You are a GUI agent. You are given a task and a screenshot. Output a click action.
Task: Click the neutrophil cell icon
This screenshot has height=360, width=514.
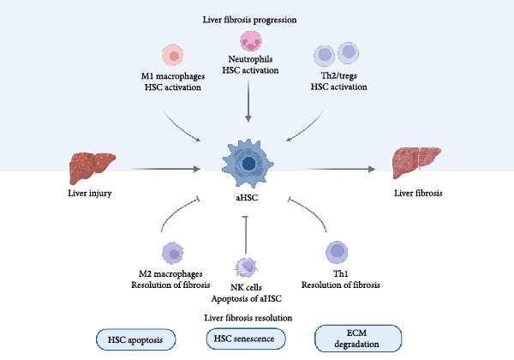251,41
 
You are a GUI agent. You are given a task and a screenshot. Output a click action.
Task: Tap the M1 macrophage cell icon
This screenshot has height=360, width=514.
173,55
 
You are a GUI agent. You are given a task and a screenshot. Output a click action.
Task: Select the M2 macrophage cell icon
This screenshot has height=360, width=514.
173,253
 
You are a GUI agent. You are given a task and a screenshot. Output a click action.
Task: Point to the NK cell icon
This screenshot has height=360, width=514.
246,268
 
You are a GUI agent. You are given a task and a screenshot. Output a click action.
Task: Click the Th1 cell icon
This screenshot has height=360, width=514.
337,252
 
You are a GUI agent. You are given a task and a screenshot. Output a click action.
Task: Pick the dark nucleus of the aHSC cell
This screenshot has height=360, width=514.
248,163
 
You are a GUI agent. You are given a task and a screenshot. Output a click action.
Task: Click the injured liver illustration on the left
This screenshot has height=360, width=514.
93,167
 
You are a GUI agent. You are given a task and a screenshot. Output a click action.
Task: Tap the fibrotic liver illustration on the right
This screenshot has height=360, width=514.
416,163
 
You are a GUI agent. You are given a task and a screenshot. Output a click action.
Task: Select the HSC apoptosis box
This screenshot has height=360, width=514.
135,339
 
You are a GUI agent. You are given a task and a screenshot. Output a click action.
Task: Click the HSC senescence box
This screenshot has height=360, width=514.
246,339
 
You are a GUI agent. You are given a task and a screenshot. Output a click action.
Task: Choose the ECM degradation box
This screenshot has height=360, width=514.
358,339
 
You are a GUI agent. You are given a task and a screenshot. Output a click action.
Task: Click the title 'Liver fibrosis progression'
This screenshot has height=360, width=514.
249,20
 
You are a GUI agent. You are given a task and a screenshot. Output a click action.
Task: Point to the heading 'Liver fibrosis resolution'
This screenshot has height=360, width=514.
248,318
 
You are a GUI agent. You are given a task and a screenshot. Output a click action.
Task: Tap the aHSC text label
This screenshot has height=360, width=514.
247,198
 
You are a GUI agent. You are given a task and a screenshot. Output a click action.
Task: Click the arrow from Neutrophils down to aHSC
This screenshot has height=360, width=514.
248,100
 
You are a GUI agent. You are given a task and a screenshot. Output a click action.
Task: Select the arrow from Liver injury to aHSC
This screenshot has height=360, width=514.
165,169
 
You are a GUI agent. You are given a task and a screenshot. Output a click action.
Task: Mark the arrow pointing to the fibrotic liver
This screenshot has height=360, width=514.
340,169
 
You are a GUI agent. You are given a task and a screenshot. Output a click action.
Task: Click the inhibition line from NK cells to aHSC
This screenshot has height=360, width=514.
246,235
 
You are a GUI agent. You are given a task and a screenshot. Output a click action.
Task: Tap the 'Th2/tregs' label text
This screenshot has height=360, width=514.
339,75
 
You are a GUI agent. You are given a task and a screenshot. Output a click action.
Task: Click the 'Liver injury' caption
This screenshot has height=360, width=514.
90,193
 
